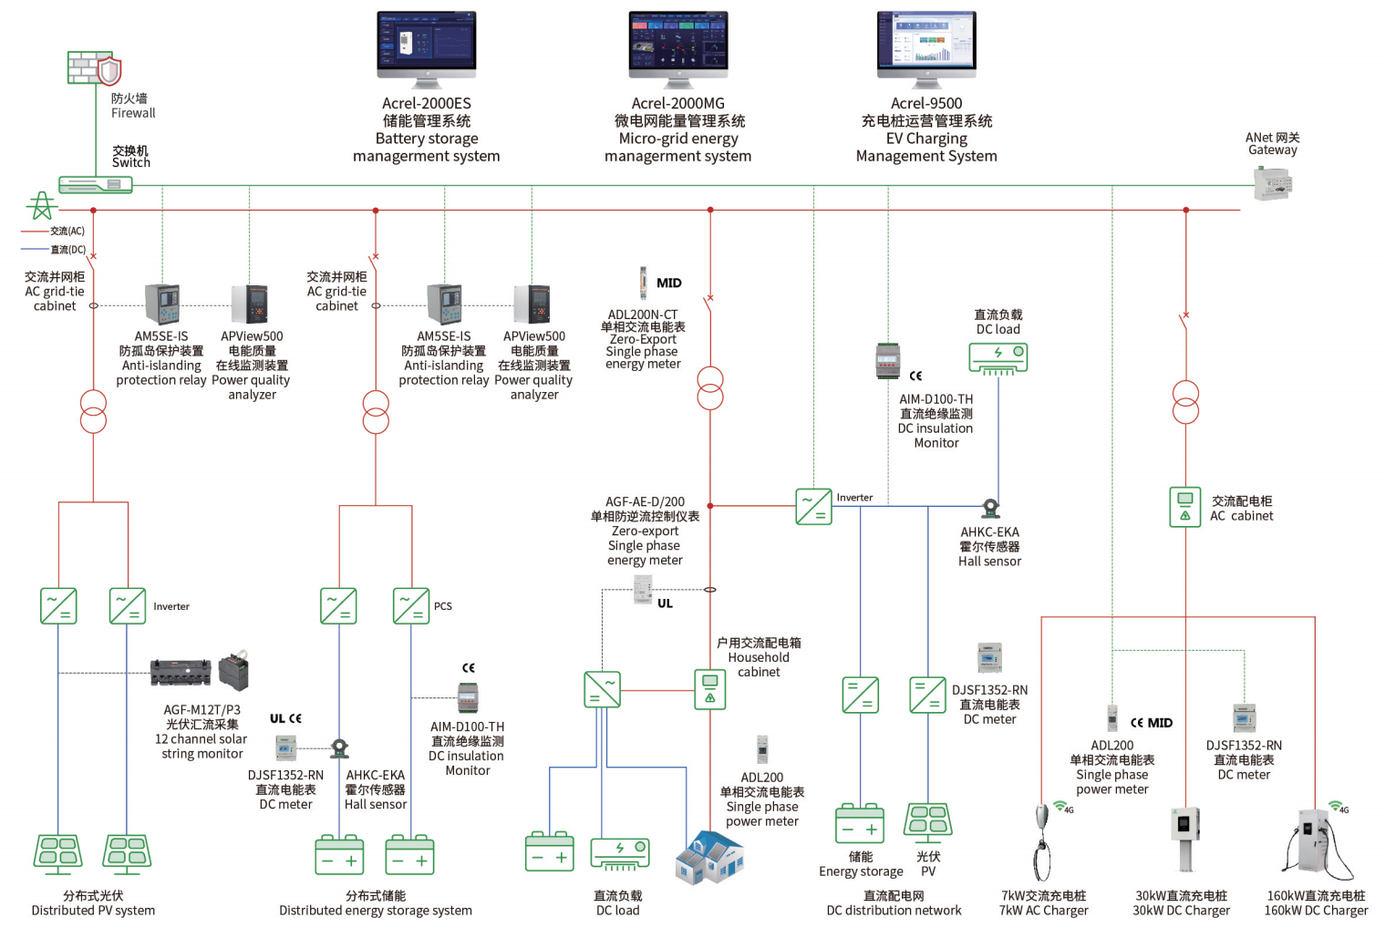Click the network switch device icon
coord(96,185)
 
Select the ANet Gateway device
coord(1273,185)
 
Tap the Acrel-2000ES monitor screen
coord(427,43)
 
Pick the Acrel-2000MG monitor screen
coord(678,43)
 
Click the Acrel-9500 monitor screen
coord(926,43)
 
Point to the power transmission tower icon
coord(41,207)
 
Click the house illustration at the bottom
coord(708,858)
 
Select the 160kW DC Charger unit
coord(1313,843)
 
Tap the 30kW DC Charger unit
coord(1184,837)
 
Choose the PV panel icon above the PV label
coord(928,820)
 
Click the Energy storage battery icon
coord(860,824)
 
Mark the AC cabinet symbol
coord(1184,507)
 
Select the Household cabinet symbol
coord(710,689)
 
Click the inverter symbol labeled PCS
coord(411,606)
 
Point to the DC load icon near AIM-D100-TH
coord(997,357)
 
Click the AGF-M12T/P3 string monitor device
coord(181,673)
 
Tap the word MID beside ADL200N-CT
coord(669,283)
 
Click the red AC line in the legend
coord(35,232)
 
